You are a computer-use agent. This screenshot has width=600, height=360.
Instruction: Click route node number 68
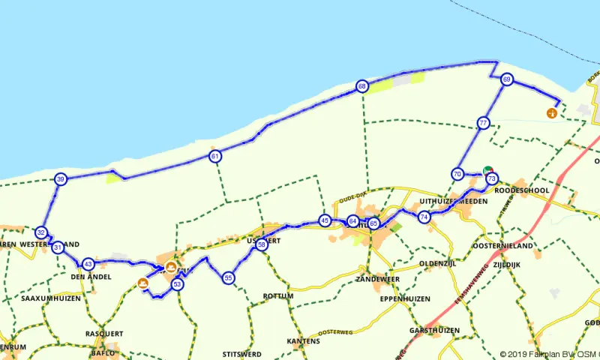(362, 87)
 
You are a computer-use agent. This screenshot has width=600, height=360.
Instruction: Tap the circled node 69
(507, 79)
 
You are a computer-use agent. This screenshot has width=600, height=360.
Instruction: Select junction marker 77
(483, 122)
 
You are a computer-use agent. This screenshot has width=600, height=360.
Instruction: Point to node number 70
(457, 174)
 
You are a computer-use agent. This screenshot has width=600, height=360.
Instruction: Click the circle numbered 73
(491, 178)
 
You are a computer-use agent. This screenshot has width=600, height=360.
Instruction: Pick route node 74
(424, 217)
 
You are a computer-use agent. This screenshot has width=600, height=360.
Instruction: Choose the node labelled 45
(324, 220)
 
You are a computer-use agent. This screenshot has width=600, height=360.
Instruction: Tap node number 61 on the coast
(215, 157)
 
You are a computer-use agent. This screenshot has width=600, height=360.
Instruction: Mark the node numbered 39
(61, 179)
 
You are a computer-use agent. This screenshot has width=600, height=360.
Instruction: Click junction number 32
(41, 232)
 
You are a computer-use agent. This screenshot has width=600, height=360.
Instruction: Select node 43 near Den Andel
(88, 264)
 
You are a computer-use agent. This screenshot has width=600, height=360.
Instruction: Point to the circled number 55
(228, 278)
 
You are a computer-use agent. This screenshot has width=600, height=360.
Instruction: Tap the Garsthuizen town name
(430, 330)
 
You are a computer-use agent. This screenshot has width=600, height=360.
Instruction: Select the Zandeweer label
(377, 279)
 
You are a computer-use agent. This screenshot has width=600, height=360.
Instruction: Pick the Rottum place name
(278, 296)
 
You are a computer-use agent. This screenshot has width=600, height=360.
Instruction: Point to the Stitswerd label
(241, 352)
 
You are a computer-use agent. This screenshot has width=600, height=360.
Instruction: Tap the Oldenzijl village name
(437, 263)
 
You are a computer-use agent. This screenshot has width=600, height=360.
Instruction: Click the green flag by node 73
(489, 169)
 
